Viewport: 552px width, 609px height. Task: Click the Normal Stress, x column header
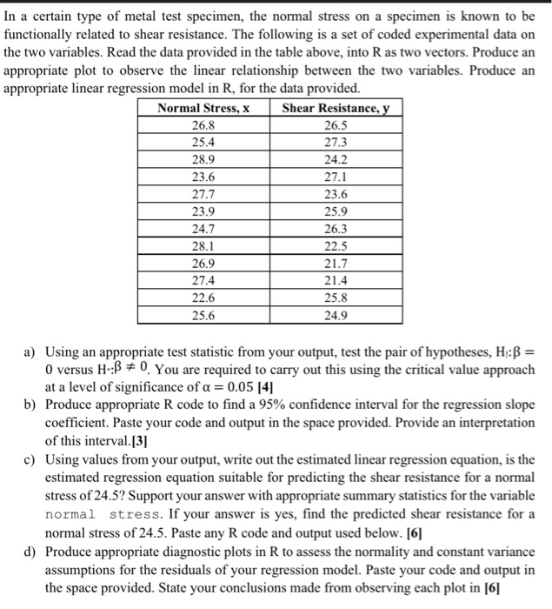coord(203,109)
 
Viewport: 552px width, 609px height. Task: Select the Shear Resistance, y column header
coord(337,109)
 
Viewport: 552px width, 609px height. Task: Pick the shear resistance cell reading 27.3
coord(336,143)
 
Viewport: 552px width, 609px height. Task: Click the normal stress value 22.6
coord(203,298)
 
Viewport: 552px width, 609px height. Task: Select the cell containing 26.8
coord(203,125)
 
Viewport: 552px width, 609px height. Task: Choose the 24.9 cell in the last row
coord(336,316)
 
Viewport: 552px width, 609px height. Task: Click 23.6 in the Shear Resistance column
coord(336,195)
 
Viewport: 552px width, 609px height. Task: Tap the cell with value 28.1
coord(203,246)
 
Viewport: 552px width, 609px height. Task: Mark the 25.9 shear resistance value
coord(336,212)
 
